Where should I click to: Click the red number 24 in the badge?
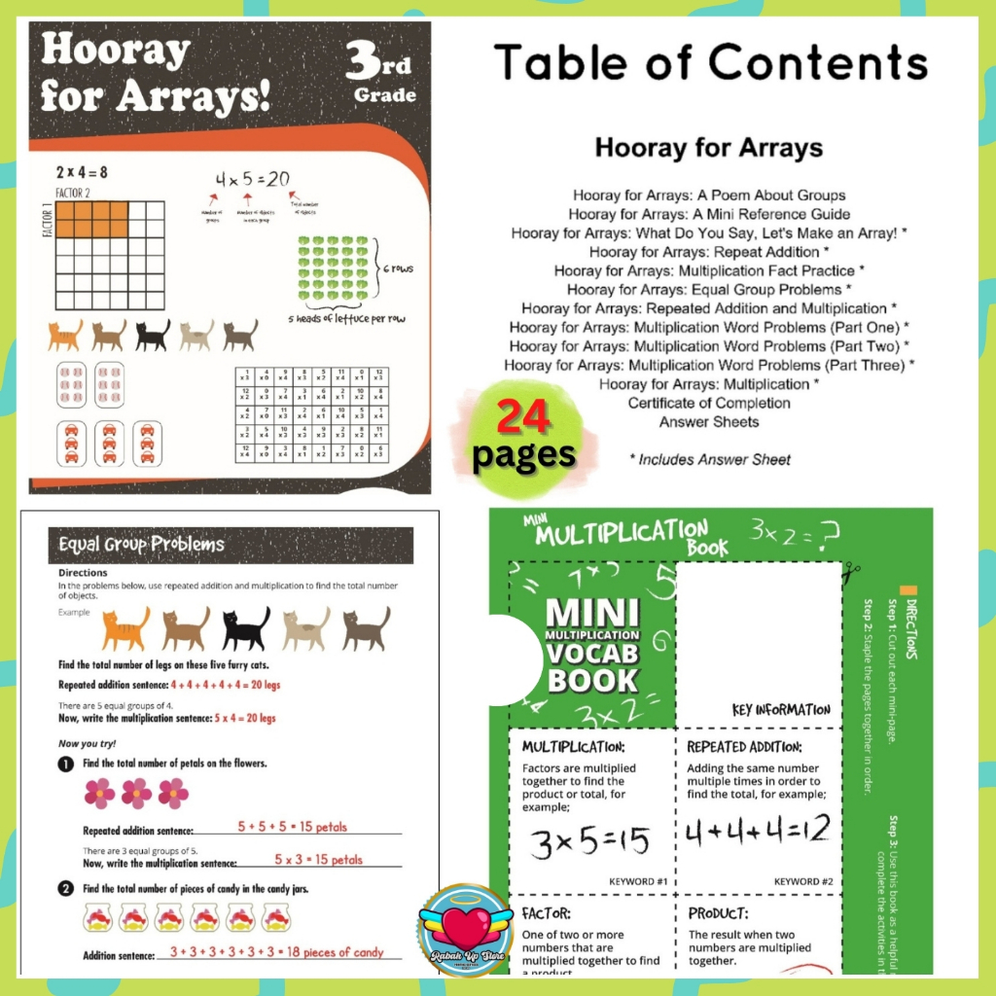tap(524, 418)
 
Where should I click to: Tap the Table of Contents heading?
tap(710, 64)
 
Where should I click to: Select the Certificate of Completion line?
tap(708, 403)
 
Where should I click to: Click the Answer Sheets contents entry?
tap(708, 422)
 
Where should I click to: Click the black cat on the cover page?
tap(153, 336)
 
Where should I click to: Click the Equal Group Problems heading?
tap(141, 545)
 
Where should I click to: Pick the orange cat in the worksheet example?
tap(125, 629)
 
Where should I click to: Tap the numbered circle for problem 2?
tap(65, 888)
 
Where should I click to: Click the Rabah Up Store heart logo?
tap(464, 930)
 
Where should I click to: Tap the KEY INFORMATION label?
tap(781, 710)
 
